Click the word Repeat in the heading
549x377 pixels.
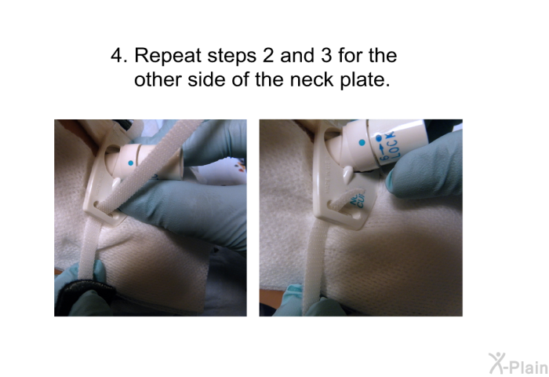coord(168,56)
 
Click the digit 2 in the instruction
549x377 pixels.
coord(267,56)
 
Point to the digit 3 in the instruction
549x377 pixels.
coord(325,56)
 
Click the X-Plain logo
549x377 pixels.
coord(518,364)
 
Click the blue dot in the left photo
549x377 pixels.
coord(131,163)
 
